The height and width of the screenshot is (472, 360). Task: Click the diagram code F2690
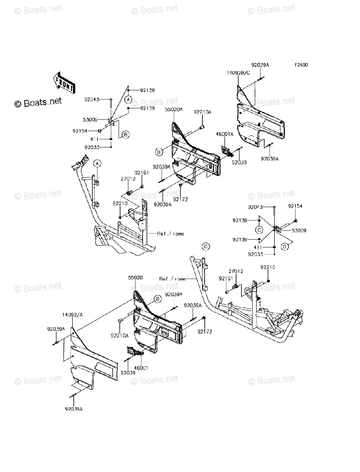[x=299, y=65]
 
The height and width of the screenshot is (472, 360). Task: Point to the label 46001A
[x=224, y=135]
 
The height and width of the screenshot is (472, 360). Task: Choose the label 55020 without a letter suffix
[x=135, y=278]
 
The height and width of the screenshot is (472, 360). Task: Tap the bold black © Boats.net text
[x=38, y=102]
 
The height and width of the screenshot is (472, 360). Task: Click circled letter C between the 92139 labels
[x=259, y=229]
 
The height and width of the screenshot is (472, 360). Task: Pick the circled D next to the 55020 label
[x=157, y=299]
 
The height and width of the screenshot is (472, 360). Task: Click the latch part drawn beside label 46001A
[x=226, y=150]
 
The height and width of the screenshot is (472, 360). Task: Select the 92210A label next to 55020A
[x=202, y=112]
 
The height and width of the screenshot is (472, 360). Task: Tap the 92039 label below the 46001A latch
[x=239, y=162]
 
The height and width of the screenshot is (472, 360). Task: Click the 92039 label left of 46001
[x=128, y=372]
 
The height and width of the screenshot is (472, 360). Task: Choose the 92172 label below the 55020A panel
[x=180, y=199]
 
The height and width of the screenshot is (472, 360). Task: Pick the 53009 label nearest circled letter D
[x=299, y=230]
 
